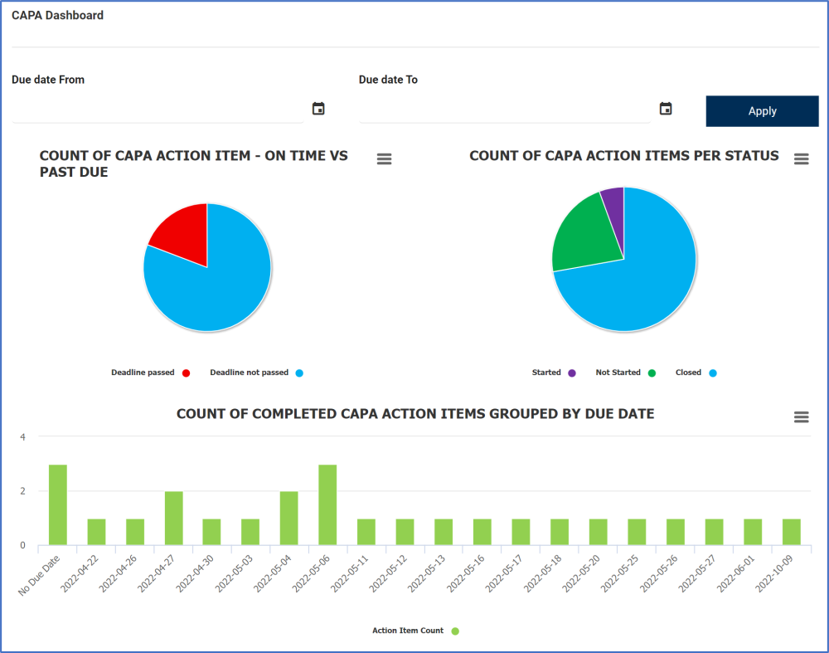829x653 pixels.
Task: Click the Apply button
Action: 762,111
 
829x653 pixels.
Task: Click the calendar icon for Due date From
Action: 318,109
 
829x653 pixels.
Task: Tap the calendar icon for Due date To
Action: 665,109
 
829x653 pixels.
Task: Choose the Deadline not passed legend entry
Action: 256,373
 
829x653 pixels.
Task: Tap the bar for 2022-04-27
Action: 173,518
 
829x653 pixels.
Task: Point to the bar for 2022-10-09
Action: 792,532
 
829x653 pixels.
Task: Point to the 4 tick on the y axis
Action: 23,437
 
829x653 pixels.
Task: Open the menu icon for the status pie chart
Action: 801,158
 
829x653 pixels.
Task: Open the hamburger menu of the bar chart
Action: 801,417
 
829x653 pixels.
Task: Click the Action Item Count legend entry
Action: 414,631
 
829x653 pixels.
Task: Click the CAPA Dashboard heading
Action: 57,15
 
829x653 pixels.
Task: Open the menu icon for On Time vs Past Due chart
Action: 384,158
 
